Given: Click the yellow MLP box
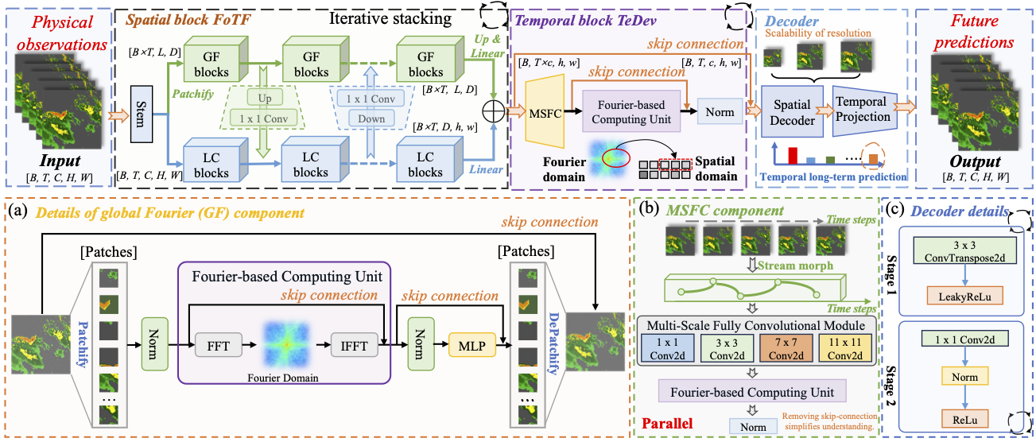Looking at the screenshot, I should point(471,346).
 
